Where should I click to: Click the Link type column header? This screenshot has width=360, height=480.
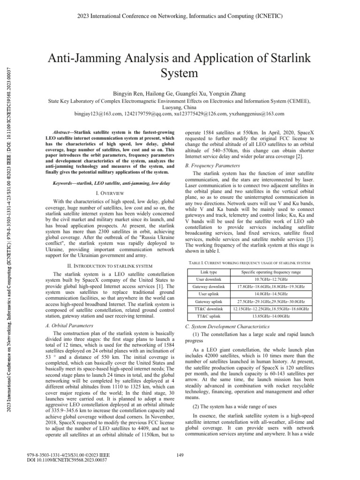[209, 272]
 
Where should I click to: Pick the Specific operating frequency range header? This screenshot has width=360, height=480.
[271, 272]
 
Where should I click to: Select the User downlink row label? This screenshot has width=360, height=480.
[209, 279]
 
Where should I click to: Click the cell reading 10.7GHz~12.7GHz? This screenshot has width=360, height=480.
[271, 279]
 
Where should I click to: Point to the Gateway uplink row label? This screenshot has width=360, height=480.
[209, 301]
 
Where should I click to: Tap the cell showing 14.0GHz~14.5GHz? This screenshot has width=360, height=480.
[271, 293]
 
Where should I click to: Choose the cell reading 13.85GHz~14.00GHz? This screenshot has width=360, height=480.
[271, 317]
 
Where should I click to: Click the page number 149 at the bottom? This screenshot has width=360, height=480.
[180, 454]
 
